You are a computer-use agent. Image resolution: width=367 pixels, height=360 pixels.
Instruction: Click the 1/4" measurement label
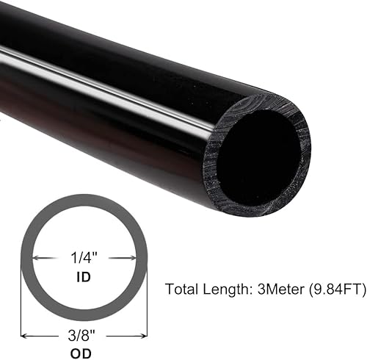84,259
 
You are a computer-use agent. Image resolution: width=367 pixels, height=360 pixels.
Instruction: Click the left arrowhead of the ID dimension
37,259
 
